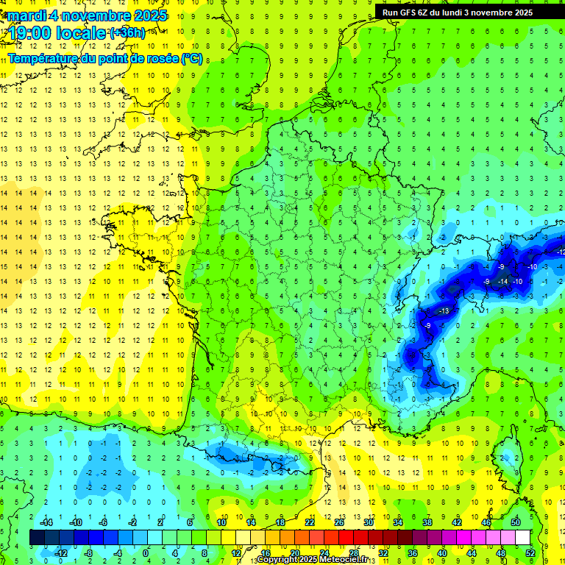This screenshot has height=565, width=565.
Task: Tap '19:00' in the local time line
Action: [x=30, y=33]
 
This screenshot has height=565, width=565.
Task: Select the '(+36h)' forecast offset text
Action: [x=127, y=32]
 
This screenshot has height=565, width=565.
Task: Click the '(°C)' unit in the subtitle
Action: [x=192, y=58]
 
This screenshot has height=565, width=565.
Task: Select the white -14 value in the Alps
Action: [x=503, y=281]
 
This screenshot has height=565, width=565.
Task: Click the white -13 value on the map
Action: [x=444, y=311]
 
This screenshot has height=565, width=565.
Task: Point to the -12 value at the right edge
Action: [x=561, y=252]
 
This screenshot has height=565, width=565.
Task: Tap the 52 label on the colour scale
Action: [x=530, y=552]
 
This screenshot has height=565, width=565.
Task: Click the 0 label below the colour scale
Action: [x=146, y=552]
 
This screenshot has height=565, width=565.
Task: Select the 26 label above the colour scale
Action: [x=338, y=522]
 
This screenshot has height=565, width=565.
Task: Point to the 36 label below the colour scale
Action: [x=413, y=552]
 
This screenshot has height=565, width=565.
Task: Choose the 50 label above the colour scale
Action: [x=515, y=522]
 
